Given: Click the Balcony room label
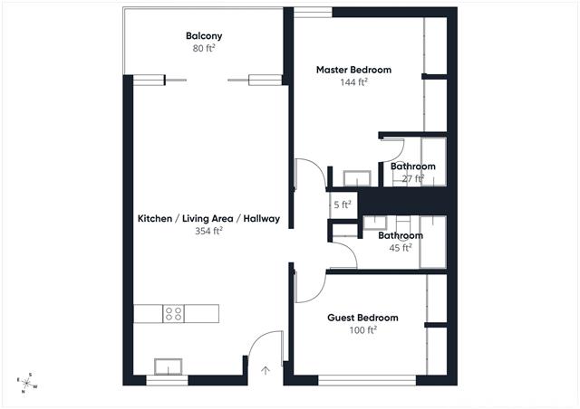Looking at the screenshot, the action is [x=204, y=36].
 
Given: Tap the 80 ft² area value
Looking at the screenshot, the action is [x=204, y=48].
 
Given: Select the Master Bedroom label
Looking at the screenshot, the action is [x=353, y=70].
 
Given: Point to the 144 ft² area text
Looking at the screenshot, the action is [x=353, y=82].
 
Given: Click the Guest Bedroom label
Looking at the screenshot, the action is [x=362, y=318].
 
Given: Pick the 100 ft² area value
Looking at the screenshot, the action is [x=362, y=329].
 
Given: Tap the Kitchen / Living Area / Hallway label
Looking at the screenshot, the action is [x=208, y=218].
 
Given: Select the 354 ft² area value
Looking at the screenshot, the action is [x=208, y=231].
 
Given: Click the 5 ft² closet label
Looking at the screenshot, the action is [x=343, y=204].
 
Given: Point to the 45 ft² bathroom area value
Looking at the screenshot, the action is [x=401, y=248].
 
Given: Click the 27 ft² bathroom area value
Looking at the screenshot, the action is [x=412, y=179].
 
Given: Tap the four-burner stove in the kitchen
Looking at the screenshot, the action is [x=173, y=314].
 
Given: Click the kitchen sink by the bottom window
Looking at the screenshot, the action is [x=168, y=366].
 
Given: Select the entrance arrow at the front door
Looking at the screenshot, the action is [x=266, y=370].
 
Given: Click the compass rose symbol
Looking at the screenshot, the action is [x=26, y=383].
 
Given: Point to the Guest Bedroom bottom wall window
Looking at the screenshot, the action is [x=367, y=381].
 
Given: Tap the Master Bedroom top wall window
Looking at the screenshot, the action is [x=313, y=12].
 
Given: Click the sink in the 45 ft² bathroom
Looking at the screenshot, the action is [x=375, y=224].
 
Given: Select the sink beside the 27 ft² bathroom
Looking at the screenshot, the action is [x=357, y=178].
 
